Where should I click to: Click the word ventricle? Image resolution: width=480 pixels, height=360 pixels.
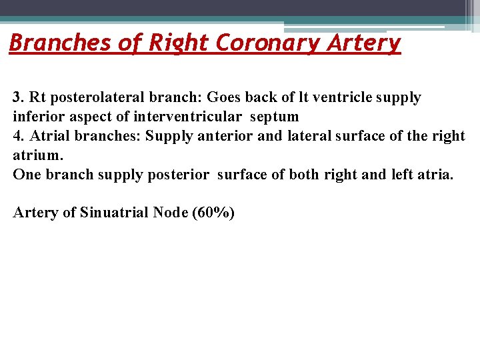tap(339, 98)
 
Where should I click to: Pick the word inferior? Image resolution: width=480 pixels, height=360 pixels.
tap(39, 117)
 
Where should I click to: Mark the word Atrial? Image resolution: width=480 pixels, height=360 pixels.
tap(51, 137)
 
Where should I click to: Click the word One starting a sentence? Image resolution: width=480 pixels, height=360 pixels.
tap(27, 175)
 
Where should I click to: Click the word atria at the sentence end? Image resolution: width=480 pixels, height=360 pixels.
tap(434, 175)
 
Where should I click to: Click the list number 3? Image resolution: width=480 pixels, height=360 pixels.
tap(19, 98)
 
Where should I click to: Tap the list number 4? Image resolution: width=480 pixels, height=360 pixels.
tap(19, 137)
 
